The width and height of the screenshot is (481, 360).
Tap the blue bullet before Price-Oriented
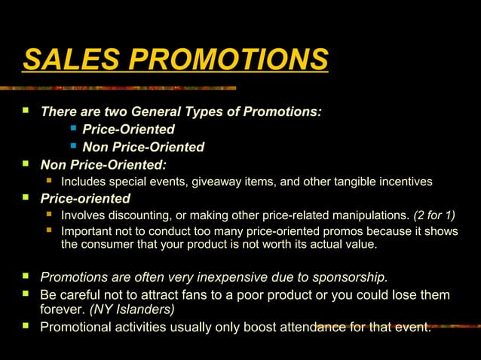pyautogui.click(x=74, y=127)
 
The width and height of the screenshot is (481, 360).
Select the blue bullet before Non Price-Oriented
pyautogui.click(x=74, y=145)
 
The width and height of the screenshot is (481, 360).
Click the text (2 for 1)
pyautogui.click(x=435, y=216)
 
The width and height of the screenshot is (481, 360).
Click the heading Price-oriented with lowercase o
pyautogui.click(x=85, y=199)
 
